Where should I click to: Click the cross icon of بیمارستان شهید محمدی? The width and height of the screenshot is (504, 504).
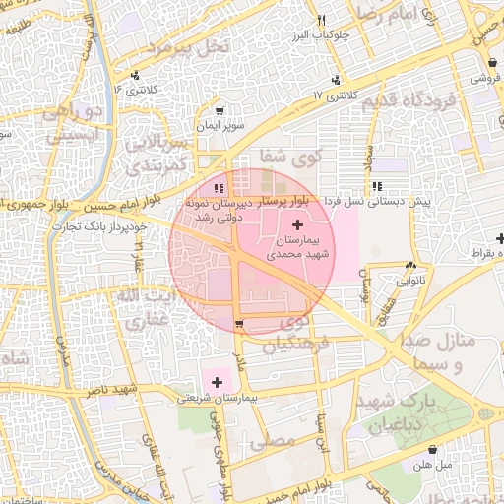[298, 226]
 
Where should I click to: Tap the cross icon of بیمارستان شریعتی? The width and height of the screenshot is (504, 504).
[217, 381]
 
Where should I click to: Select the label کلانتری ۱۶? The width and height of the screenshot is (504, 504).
[135, 90]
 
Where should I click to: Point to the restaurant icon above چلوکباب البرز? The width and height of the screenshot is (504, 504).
[321, 21]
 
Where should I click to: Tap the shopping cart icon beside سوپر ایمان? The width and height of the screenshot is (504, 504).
[219, 111]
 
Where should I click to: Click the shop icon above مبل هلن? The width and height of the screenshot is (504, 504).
[432, 449]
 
